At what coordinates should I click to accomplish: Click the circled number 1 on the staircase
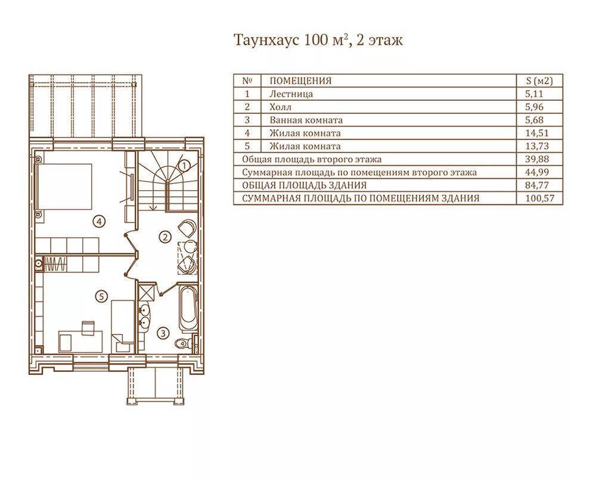(184, 166)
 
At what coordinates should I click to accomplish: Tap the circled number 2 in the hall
(165, 237)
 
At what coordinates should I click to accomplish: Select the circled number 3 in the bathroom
(163, 333)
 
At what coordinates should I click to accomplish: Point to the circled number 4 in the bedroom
(99, 221)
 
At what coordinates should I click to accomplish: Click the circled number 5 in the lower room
(101, 296)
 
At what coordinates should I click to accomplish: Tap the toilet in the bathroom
(185, 343)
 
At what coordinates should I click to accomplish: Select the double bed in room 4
(64, 187)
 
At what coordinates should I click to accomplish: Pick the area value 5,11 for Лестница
(535, 94)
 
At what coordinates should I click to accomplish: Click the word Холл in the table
(281, 107)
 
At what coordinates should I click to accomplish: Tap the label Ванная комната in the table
(306, 120)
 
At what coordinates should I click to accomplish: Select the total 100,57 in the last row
(540, 198)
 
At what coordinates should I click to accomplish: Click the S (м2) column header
(539, 80)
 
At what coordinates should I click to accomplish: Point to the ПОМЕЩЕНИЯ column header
(300, 80)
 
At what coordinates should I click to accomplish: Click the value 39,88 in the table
(537, 159)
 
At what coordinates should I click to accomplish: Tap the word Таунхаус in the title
(266, 39)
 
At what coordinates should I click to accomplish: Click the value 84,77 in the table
(537, 185)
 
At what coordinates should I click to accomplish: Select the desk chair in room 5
(88, 327)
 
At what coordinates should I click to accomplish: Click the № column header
(247, 80)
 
